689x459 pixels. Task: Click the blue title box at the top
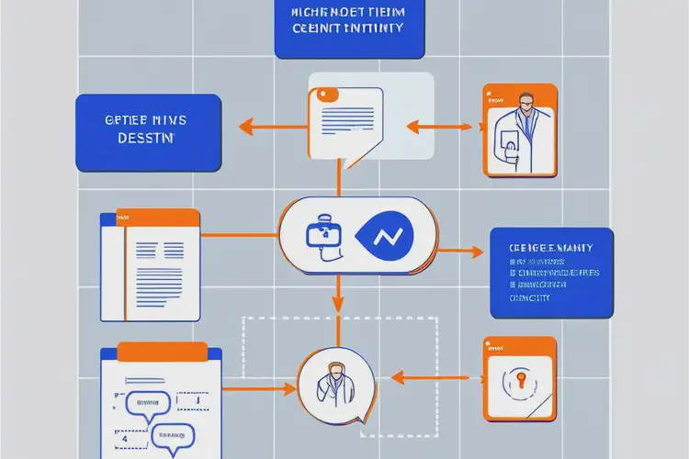pos(350,28)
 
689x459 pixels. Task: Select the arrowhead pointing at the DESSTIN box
pos(245,126)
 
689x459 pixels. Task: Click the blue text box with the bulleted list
pos(550,272)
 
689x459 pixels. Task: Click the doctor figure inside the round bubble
pos(336,381)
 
